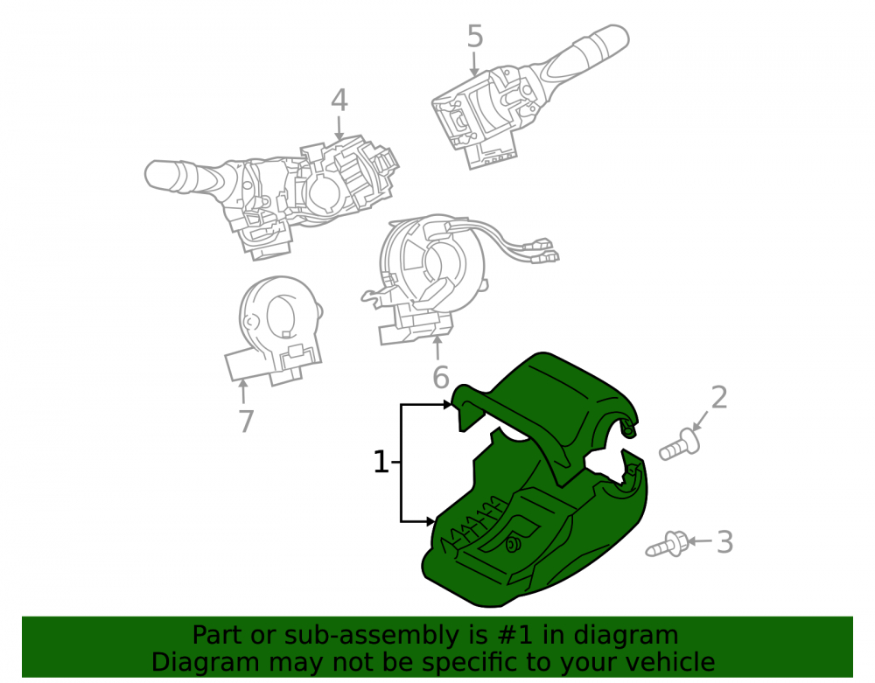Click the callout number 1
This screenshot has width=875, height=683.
click(380, 463)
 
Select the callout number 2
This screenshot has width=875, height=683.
click(719, 398)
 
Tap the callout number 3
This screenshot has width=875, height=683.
click(724, 542)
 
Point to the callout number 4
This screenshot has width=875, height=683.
click(339, 101)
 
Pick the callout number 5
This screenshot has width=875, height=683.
click(475, 37)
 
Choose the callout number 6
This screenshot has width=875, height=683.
click(441, 378)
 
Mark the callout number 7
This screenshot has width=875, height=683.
click(246, 421)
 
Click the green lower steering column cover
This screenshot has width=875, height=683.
click(535, 535)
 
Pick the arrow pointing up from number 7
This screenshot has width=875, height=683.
click(243, 391)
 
